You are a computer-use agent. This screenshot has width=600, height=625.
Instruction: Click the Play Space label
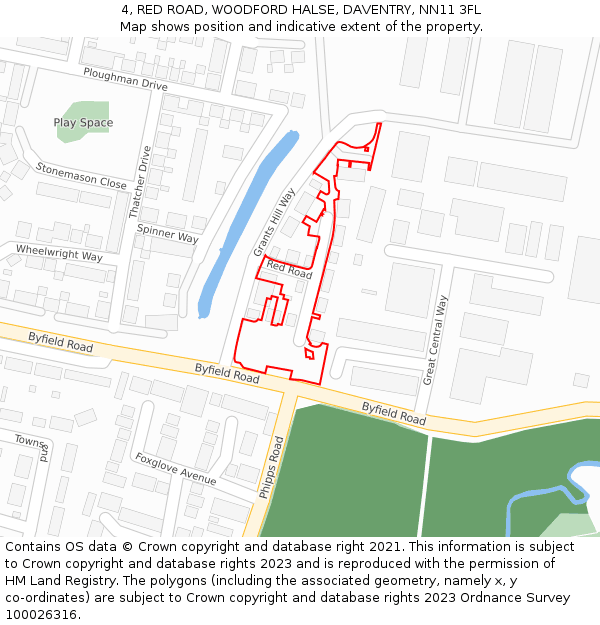tap(83, 123)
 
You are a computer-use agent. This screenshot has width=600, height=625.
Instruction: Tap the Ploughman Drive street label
tap(125, 79)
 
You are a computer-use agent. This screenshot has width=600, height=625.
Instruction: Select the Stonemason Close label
tap(81, 176)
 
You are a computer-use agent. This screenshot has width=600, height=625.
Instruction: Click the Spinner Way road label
tap(167, 233)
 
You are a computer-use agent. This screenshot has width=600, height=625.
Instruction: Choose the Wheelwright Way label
tap(59, 252)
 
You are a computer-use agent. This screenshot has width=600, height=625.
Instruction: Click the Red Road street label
tap(289, 270)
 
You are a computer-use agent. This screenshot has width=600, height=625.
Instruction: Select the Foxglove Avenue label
tap(176, 468)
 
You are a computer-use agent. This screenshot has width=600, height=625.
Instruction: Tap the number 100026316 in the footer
tap(40, 615)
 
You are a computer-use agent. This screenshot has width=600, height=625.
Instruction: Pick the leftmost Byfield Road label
tap(60, 342)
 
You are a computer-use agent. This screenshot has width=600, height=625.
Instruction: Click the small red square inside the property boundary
tap(309, 353)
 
